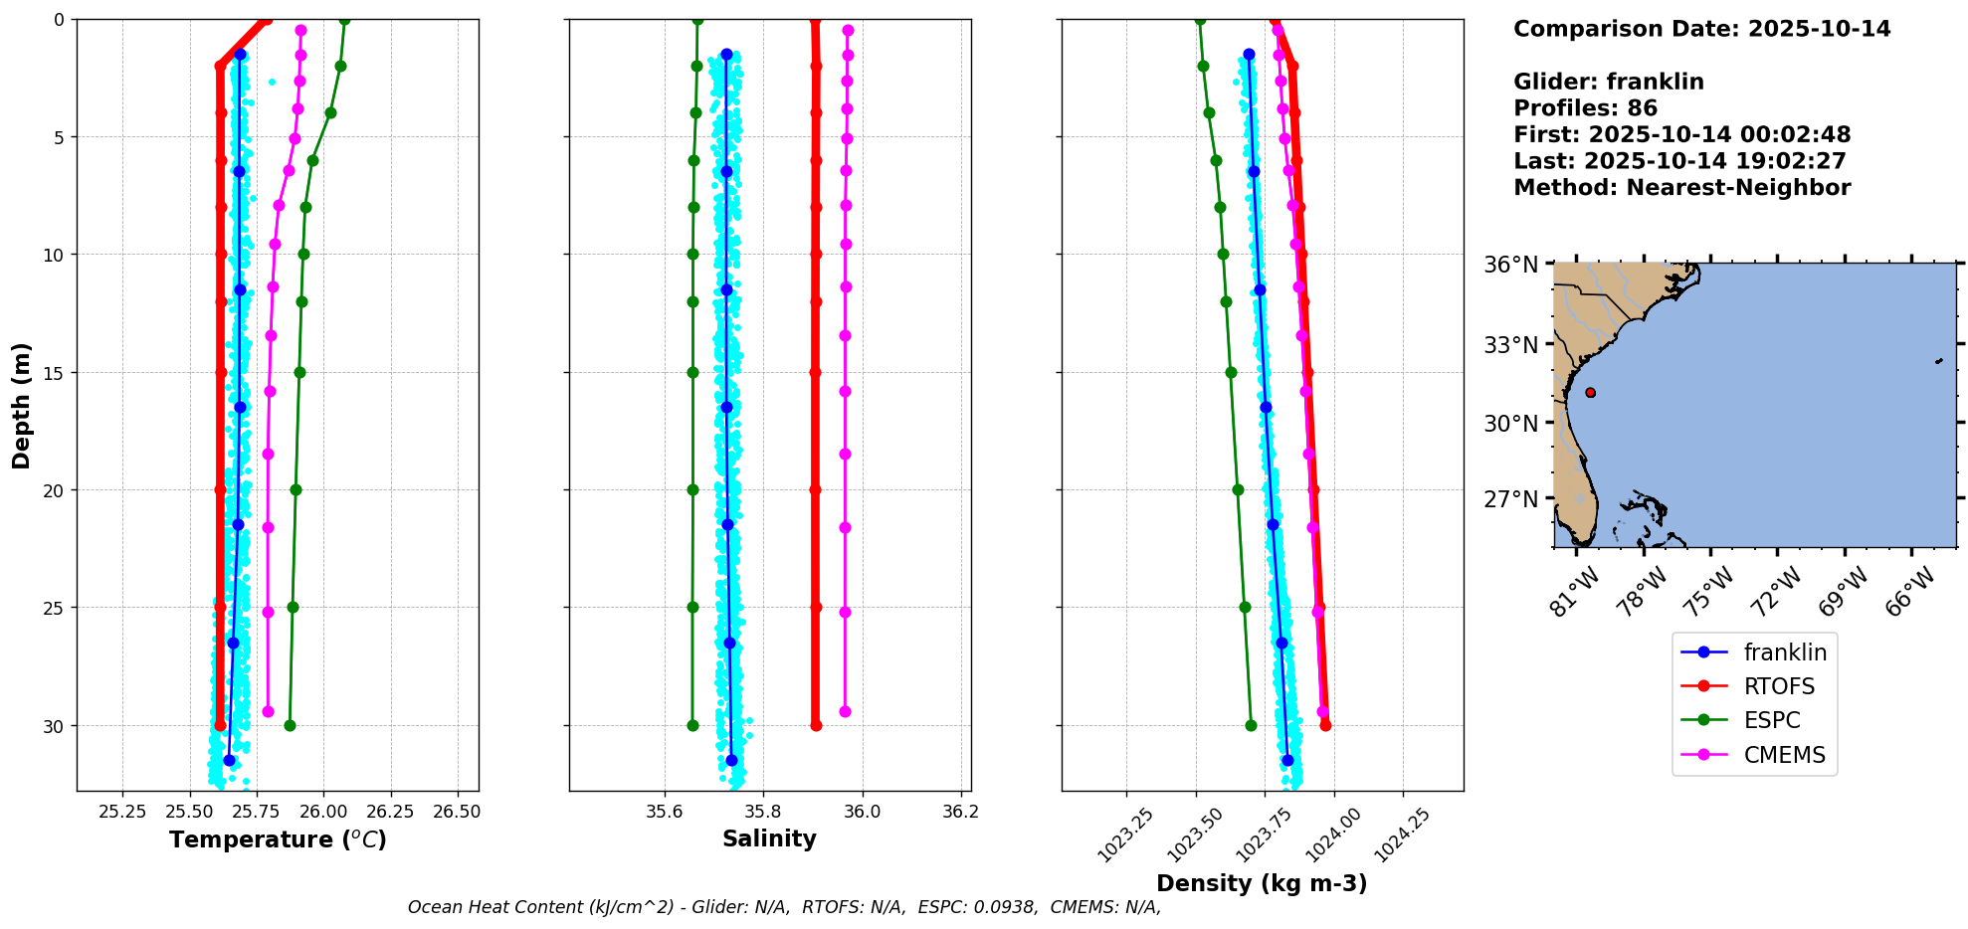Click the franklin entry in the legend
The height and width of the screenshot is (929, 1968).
1754,652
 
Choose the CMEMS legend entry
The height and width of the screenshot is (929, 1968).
1754,755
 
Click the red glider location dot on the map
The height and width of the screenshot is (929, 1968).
1590,393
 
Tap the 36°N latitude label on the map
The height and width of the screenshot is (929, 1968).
1511,265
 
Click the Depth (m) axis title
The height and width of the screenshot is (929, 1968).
21,406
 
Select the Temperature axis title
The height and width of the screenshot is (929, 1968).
278,839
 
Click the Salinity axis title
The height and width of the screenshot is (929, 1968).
769,838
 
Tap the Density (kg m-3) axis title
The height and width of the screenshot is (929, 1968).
1262,883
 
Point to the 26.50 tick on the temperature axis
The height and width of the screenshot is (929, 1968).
457,812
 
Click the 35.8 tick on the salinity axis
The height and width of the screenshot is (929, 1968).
763,812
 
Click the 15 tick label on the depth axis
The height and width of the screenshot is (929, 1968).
54,373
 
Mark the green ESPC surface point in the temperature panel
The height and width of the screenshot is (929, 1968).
344,20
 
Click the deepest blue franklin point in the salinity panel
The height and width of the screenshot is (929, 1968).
731,760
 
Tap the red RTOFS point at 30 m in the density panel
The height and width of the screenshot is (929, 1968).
1325,725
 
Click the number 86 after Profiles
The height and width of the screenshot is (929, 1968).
1643,108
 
